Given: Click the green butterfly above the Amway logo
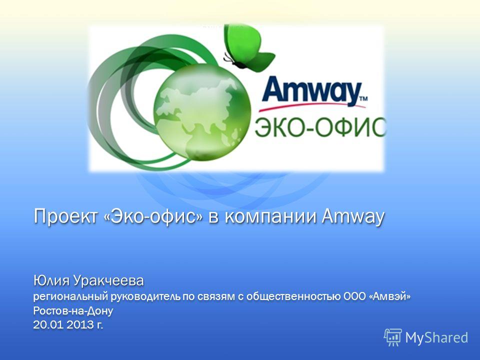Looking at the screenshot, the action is (x=248, y=47).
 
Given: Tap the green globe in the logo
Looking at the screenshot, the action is (x=202, y=111).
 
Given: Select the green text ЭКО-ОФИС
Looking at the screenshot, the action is (x=320, y=127).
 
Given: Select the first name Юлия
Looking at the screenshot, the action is (x=51, y=280).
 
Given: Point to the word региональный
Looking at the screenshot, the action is (x=70, y=296).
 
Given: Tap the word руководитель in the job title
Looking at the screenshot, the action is (x=145, y=296).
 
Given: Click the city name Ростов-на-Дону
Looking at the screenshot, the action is (x=73, y=311).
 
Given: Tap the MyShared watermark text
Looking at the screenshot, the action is (x=436, y=337).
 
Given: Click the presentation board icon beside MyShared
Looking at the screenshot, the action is (x=393, y=337).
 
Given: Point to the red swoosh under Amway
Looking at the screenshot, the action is (x=312, y=106).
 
